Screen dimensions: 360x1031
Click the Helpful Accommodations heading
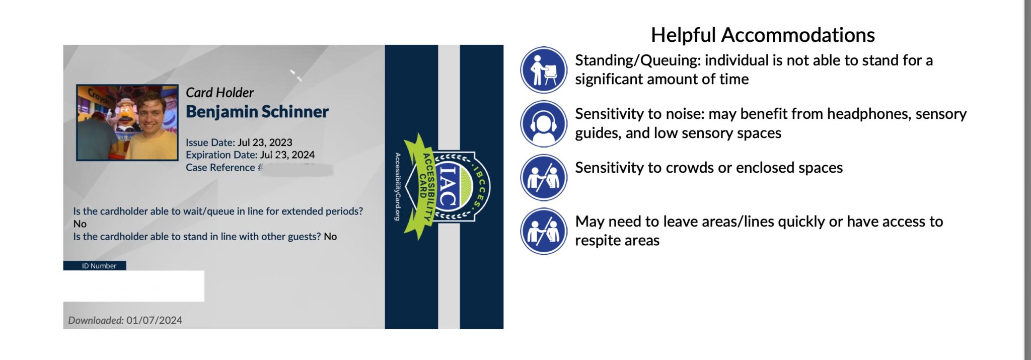(x=762, y=35)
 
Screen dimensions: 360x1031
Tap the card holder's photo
(x=127, y=122)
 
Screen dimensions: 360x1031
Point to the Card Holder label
(x=219, y=93)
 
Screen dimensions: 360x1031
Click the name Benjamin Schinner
(x=257, y=112)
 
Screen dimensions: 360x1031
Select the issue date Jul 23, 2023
(x=265, y=142)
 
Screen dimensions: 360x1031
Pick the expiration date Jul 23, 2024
(x=287, y=155)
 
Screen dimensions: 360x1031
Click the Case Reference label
(x=220, y=168)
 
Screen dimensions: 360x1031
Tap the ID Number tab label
(x=99, y=266)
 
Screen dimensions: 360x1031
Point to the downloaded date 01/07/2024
(x=154, y=320)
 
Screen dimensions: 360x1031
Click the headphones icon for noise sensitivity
(x=543, y=124)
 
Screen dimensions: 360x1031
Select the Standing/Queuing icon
(x=543, y=70)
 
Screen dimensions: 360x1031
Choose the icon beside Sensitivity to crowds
(x=543, y=178)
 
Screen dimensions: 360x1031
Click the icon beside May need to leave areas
(x=543, y=231)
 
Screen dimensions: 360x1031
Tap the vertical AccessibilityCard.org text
(x=397, y=186)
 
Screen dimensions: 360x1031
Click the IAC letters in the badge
(x=448, y=186)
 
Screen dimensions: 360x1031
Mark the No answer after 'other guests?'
(x=330, y=237)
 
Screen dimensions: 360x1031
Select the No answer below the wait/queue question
(x=80, y=224)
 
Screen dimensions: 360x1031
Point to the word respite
(x=599, y=241)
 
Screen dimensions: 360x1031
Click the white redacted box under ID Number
(x=133, y=286)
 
